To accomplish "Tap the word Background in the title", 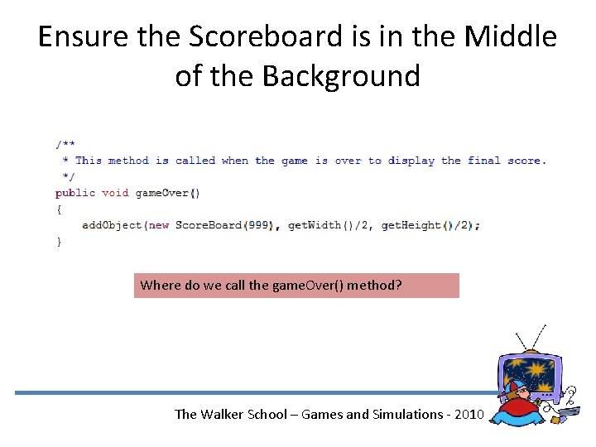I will point(341,76).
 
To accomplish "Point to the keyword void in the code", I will point(115,193).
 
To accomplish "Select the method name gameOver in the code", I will point(161,193).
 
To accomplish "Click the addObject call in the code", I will point(112,225).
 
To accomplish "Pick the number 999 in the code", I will point(258,225).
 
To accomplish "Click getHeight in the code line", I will point(411,225).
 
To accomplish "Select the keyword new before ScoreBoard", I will point(159,225).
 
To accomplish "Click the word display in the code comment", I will point(411,161).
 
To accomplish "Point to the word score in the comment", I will point(523,161).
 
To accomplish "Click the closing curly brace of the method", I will point(59,242).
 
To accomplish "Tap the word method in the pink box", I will point(374,286).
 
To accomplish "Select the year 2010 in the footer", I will point(464,414).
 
